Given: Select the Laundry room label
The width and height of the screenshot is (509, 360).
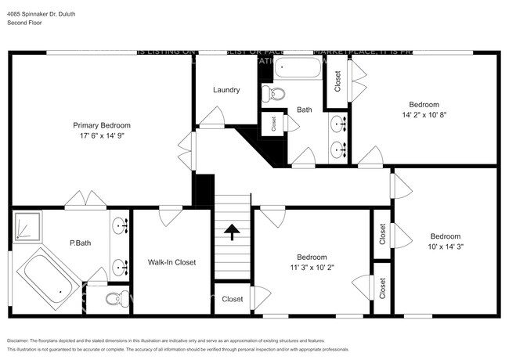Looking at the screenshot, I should pos(226,90).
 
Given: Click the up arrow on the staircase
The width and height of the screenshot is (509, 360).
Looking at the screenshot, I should pos(232,232).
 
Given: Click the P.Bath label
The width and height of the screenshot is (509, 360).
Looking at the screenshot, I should pos(80,243).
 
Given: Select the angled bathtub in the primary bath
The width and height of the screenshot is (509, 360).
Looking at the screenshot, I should pos(47,279).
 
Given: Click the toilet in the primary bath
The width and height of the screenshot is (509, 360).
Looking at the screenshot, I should pos(115,297).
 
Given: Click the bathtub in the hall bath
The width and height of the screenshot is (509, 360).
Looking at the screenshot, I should pos(298,68).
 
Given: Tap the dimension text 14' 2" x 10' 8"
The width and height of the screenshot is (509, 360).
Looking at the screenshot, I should pos(424,114).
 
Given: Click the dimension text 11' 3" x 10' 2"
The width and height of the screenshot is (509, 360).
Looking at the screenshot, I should pos(312,267).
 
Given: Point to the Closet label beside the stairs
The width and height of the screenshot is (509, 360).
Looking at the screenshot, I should pos(233,299).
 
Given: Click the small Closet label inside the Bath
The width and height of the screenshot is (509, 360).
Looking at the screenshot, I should pos(273,124).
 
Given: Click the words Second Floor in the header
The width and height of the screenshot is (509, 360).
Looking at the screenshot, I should pos(25,23).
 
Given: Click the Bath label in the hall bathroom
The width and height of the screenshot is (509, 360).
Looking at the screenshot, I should pos(304,110).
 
